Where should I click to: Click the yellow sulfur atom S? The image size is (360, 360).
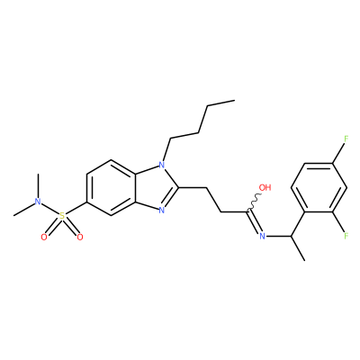click(62, 216)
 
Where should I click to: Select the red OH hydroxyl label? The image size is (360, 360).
click(265, 188)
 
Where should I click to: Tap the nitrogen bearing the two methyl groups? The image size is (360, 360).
click(38, 202)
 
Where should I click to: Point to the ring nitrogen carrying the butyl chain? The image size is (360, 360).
click(162, 165)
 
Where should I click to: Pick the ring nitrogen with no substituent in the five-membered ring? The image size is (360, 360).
click(162, 211)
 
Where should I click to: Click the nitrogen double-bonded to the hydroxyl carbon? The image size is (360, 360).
click(262, 237)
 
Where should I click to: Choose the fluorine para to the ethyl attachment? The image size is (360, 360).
click(346, 139)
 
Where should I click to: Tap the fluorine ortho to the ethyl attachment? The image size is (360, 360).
click(346, 236)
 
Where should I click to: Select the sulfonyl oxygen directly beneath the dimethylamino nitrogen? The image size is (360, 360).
click(44, 238)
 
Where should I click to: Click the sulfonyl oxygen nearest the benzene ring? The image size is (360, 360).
click(80, 238)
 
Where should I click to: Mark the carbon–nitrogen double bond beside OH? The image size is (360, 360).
click(254, 223)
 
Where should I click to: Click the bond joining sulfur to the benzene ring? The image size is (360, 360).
click(76, 208)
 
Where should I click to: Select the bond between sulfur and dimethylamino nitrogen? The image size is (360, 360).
click(49, 209)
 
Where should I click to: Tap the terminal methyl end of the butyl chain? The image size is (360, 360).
click(234, 101)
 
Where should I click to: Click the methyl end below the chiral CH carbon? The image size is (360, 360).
click(304, 260)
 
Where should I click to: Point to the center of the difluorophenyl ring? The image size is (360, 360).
click(319, 187)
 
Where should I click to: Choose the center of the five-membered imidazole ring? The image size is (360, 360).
click(157, 187)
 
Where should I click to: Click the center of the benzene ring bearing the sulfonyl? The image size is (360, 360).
click(111, 187)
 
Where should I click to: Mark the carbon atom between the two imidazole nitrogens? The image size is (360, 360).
click(179, 188)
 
